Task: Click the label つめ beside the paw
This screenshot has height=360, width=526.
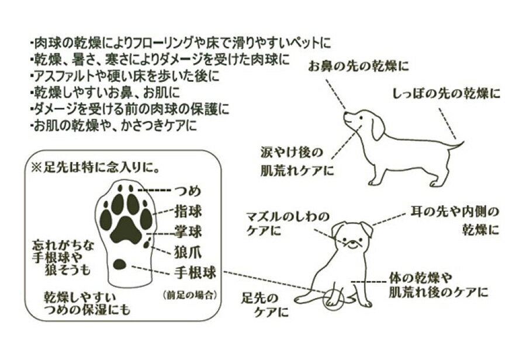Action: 188,191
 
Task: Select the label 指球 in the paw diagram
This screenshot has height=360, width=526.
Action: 188,212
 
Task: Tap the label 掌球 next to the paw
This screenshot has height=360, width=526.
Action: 188,232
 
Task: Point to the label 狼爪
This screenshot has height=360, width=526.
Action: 188,252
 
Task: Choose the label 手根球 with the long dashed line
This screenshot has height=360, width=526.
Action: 195,272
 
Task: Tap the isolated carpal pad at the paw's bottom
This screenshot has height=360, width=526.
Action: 119,264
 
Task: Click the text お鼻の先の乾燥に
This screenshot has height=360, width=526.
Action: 359,67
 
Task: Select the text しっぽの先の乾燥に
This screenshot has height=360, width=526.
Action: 446,94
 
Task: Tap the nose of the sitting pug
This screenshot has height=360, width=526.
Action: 348,239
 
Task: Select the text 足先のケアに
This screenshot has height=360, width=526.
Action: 265,305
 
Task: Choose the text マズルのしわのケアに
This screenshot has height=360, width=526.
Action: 288,224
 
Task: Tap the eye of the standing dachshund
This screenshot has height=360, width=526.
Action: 361,118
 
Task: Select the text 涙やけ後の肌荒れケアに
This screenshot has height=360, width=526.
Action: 297,161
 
